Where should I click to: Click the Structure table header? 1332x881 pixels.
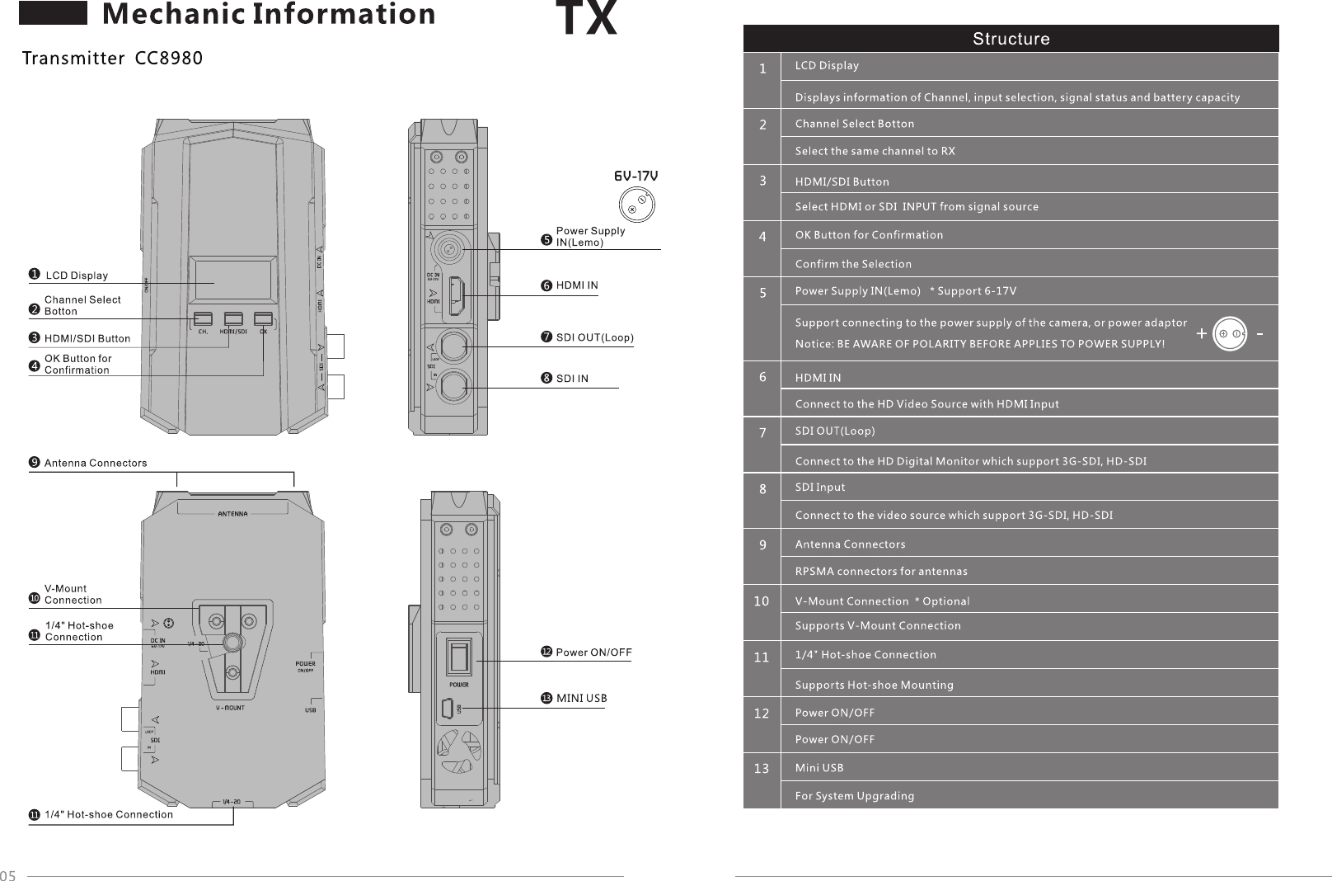coord(1011,39)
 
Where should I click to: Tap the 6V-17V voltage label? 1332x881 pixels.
coord(636,176)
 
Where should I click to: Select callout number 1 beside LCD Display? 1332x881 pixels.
coord(34,274)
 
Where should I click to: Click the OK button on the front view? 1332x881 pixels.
coord(263,318)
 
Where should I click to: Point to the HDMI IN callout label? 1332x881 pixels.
coord(577,285)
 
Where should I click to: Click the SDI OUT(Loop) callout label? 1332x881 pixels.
coord(594,337)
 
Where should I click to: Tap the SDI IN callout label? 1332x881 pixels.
coord(572,379)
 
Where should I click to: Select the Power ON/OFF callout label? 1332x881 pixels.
coord(593,653)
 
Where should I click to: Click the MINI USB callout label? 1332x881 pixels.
coord(581,698)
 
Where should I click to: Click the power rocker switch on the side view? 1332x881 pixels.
coord(458,657)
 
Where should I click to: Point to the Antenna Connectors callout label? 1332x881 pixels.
coord(96,463)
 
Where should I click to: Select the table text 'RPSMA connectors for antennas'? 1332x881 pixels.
coord(881,572)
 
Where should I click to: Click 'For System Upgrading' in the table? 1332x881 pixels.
coord(855,796)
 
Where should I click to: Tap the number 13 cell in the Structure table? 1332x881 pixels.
coord(762,769)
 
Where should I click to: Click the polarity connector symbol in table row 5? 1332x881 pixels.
coord(1230,334)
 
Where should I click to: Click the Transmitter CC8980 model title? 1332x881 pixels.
coord(112,59)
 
